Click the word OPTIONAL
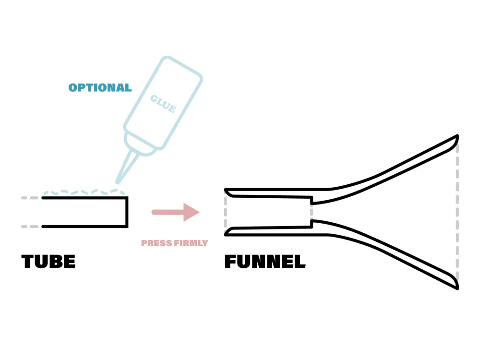pyautogui.click(x=100, y=87)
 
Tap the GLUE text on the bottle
pyautogui.click(x=163, y=104)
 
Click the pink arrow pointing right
pyautogui.click(x=175, y=212)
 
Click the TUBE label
pyautogui.click(x=48, y=262)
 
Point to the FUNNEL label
pyautogui.click(x=265, y=262)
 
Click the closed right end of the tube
pyautogui.click(x=127, y=212)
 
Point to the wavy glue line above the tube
pyautogui.click(x=84, y=192)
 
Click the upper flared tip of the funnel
pyautogui.click(x=457, y=136)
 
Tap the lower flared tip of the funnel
pyautogui.click(x=457, y=288)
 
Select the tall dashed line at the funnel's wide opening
pyautogui.click(x=457, y=212)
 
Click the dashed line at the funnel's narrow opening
pyautogui.click(x=226, y=212)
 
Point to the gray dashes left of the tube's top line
pyautogui.click(x=30, y=198)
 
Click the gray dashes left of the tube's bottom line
pyautogui.click(x=30, y=227)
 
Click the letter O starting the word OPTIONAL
pyautogui.click(x=73, y=88)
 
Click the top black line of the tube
pyautogui.click(x=84, y=198)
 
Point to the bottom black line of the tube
pyautogui.click(x=84, y=227)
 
